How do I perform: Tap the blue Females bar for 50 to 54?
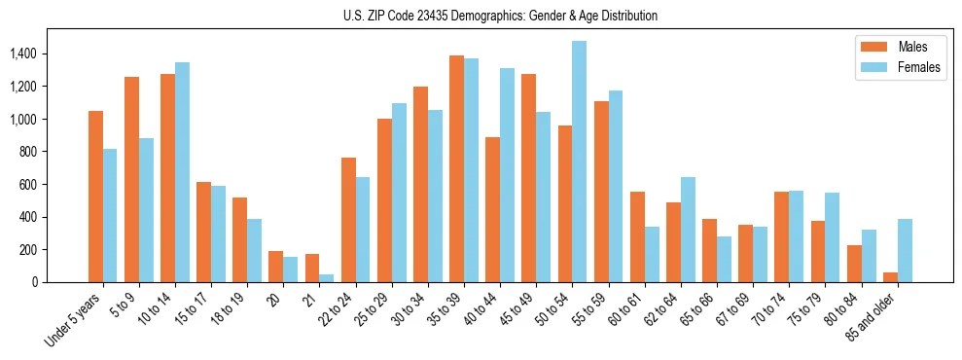[580, 162]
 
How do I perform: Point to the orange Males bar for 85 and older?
[890, 277]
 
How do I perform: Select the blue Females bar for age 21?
[327, 278]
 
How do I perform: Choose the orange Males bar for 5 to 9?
[131, 179]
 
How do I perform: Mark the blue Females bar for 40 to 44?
[508, 175]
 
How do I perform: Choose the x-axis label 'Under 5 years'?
[74, 321]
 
